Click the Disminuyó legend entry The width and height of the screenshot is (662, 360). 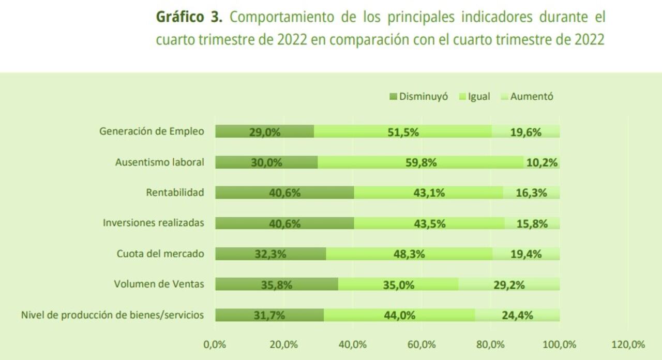[x=419, y=97]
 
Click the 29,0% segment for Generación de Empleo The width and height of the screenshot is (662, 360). [x=265, y=132]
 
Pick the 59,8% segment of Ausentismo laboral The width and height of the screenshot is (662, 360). [x=421, y=162]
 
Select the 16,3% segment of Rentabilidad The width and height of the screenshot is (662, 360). [x=531, y=193]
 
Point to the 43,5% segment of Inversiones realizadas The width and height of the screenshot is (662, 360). [x=429, y=223]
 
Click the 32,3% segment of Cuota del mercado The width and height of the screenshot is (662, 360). [x=270, y=254]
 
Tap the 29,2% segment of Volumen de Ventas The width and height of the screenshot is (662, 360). [x=509, y=284]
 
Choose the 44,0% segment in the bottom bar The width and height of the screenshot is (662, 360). [x=400, y=315]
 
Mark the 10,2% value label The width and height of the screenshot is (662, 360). [x=542, y=163]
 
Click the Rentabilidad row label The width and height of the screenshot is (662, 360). [x=175, y=193]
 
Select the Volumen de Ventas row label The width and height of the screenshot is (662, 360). [x=159, y=284]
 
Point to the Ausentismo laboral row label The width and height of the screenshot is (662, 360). [x=159, y=162]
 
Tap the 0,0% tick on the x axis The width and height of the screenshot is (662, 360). [x=215, y=344]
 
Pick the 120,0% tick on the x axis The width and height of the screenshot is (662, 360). [x=628, y=344]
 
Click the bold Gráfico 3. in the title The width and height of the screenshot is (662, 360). [x=189, y=17]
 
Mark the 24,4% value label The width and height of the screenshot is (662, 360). [x=517, y=315]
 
